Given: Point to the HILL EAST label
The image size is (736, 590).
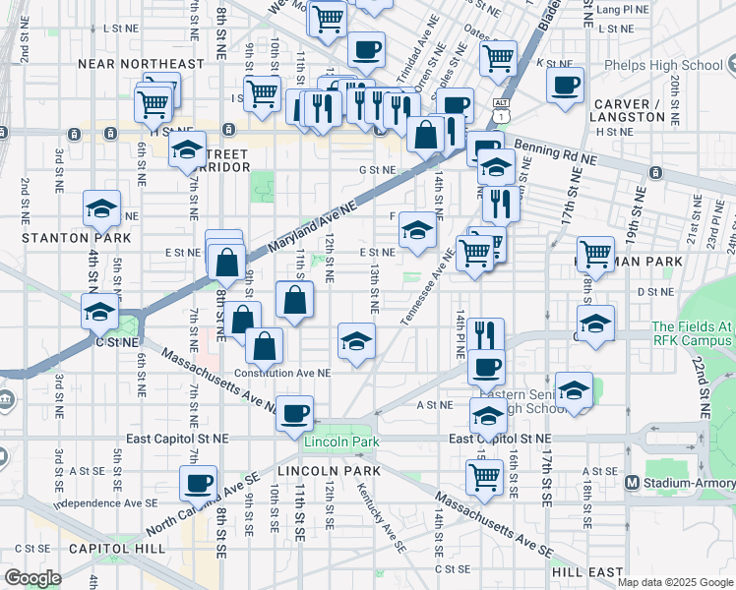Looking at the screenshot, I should coord(587,571).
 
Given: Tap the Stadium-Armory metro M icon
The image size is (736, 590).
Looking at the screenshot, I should coord(633,483).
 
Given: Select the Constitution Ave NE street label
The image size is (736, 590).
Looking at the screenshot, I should coord(282,373).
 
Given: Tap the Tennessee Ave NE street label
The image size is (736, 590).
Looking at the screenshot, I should coord(427,286).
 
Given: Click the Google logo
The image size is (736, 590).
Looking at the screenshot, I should coord(32,578).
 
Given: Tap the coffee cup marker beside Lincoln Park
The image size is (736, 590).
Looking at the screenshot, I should coord(294,413).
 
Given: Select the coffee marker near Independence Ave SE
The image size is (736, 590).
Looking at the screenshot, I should coord(198,483).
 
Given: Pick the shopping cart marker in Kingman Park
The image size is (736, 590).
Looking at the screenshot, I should coord(595,254).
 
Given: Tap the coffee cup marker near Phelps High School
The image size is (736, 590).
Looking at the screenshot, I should coord(565,85).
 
